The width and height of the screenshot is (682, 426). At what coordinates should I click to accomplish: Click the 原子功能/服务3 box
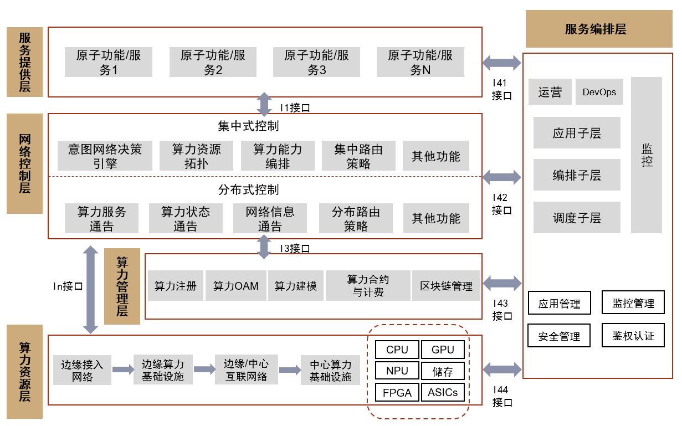316,61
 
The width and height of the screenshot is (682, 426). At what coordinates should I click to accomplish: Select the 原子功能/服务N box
420,61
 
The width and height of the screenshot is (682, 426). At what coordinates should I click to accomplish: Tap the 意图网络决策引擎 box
105,156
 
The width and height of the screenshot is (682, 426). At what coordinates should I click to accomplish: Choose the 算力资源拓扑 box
196,156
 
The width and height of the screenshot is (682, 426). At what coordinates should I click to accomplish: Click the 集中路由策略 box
358,156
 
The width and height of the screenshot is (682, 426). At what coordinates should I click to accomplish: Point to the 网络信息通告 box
270,218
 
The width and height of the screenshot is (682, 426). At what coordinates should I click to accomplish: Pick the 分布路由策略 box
356,218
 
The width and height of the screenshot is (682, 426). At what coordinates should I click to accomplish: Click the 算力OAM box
236,286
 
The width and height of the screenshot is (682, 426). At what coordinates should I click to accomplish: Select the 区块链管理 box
446,286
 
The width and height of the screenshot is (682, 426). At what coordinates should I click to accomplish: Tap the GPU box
443,350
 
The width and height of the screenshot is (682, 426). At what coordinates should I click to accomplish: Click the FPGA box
397,393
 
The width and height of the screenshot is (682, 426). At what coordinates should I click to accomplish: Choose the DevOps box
599,92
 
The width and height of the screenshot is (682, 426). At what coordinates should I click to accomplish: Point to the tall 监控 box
647,155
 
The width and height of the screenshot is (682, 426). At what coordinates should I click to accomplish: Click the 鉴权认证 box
633,336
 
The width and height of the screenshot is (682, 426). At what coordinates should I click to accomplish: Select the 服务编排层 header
596,29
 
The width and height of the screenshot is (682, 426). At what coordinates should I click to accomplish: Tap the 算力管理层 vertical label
122,286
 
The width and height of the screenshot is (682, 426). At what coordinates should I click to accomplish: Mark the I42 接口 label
501,204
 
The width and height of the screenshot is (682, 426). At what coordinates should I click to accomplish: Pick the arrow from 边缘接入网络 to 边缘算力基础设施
123,369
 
